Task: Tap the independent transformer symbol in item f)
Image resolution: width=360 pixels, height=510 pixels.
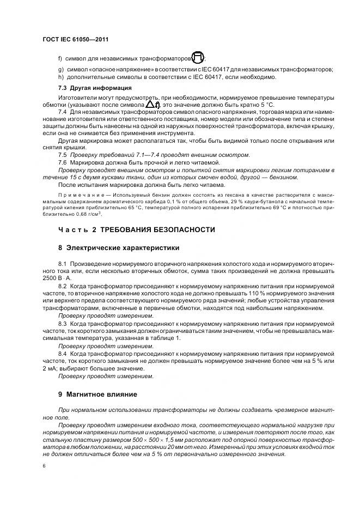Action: pos(199,57)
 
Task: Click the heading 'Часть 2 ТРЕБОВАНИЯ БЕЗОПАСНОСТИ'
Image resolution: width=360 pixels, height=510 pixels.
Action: pos(137,229)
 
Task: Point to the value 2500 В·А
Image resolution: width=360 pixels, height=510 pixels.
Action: pos(55,277)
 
